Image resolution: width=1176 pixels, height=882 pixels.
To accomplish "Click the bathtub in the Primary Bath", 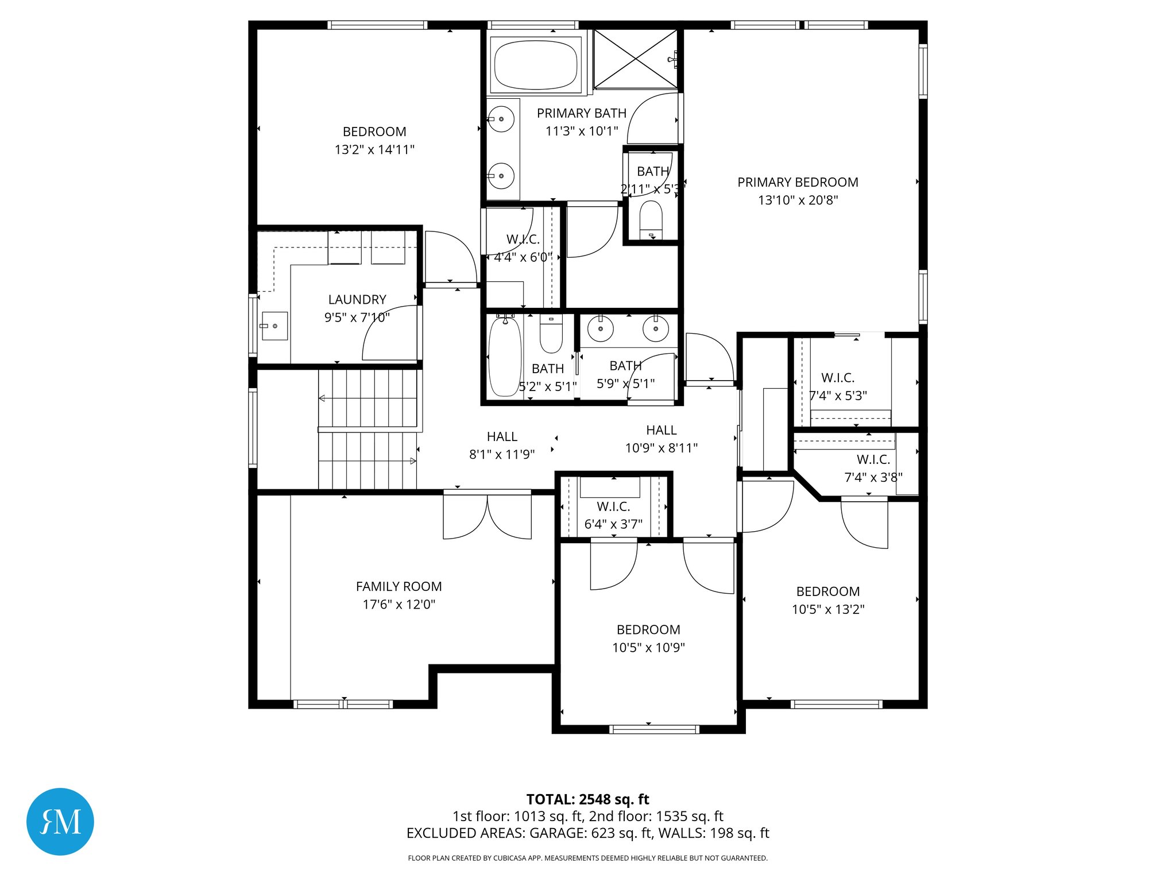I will point(535,65).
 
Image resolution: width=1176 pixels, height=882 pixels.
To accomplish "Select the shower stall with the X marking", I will point(635,59).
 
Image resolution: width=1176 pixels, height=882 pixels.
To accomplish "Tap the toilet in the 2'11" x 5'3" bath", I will point(651,219).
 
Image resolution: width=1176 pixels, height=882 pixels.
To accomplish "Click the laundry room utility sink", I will point(274,326).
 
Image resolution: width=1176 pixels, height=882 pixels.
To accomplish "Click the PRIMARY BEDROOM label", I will point(798,182).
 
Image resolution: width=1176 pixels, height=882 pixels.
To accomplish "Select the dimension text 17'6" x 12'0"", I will point(399,604).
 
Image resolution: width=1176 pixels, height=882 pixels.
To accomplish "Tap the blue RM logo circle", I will point(60,821).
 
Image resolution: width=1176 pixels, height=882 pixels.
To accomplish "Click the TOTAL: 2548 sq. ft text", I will point(587,799).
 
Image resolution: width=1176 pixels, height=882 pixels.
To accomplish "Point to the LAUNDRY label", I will point(357,299).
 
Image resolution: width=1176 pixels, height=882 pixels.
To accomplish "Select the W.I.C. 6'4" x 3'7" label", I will point(613,506).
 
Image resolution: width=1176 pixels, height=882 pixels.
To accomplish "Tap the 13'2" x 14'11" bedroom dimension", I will point(374,149).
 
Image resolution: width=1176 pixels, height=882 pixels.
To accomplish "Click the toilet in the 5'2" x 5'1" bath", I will point(551,338).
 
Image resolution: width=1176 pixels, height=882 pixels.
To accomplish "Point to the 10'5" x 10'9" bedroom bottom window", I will point(653,729).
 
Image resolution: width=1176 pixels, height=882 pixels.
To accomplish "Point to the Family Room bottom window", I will point(343,704).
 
